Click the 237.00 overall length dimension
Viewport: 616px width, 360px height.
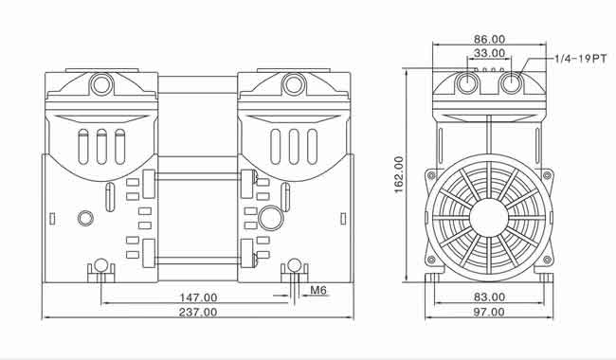click(198, 312)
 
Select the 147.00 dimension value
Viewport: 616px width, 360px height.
click(198, 297)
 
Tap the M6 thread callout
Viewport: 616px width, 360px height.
click(318, 290)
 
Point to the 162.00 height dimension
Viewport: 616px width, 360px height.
click(399, 174)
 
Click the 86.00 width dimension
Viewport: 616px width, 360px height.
click(489, 39)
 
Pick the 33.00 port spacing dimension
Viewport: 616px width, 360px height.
click(489, 53)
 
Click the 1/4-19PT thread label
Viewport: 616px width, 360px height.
click(581, 59)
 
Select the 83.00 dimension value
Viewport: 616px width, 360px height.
click(489, 297)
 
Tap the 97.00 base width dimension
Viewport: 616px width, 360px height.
click(489, 312)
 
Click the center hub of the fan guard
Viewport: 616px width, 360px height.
click(489, 218)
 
